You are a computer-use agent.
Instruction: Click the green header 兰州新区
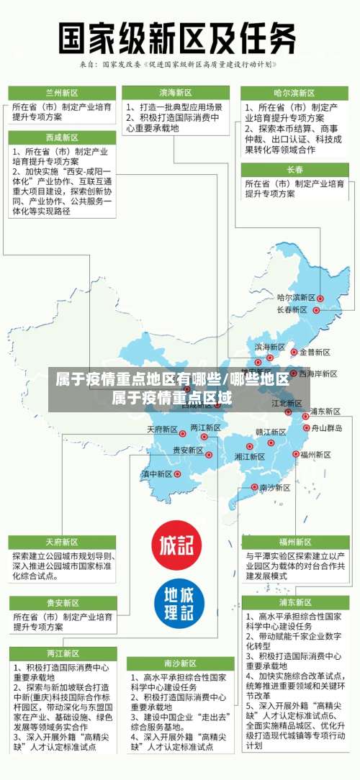(x=61, y=93)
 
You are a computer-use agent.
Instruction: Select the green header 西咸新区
(x=61, y=137)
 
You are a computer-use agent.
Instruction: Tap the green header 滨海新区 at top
(x=176, y=93)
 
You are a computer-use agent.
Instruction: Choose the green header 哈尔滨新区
(x=294, y=93)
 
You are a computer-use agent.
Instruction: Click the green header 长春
(x=294, y=170)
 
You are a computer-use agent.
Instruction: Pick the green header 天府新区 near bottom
(x=61, y=542)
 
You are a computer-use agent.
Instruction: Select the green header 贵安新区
(x=61, y=603)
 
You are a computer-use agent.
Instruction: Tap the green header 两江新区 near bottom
(x=61, y=653)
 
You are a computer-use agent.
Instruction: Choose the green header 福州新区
(x=294, y=542)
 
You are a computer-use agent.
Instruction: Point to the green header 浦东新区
(x=294, y=602)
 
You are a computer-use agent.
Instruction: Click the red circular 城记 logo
(x=176, y=545)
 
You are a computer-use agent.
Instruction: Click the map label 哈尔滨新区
(x=296, y=298)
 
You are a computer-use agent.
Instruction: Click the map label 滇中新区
(x=156, y=474)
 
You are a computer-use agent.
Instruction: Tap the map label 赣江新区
(x=251, y=432)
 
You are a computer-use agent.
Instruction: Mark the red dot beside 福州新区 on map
(x=295, y=454)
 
